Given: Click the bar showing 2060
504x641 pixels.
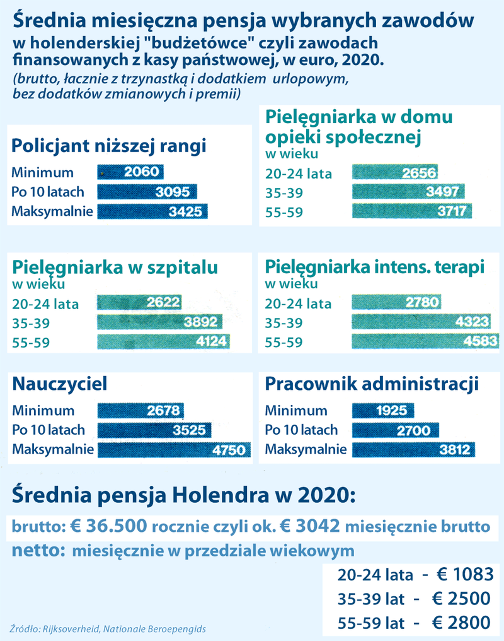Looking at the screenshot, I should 130,173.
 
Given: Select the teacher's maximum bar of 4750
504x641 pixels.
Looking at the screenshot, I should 174,450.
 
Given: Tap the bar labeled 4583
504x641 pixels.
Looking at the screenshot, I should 425,342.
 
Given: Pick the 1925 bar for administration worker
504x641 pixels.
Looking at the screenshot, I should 382,411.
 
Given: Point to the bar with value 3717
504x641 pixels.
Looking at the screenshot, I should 411,211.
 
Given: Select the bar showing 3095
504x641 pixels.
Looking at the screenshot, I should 147,192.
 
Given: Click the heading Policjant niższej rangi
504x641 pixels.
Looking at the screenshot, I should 109,146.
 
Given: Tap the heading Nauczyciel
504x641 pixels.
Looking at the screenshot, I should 60,384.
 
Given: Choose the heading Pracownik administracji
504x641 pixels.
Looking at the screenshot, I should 372,384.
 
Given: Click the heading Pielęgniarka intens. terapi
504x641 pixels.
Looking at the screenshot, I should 375,266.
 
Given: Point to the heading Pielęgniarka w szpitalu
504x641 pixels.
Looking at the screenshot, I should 115,266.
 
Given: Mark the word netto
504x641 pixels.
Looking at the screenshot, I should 37,550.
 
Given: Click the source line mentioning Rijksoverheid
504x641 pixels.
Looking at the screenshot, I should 108,629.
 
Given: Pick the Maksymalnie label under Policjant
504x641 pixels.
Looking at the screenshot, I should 52,211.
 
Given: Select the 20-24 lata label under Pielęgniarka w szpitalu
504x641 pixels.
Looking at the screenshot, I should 45,304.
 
